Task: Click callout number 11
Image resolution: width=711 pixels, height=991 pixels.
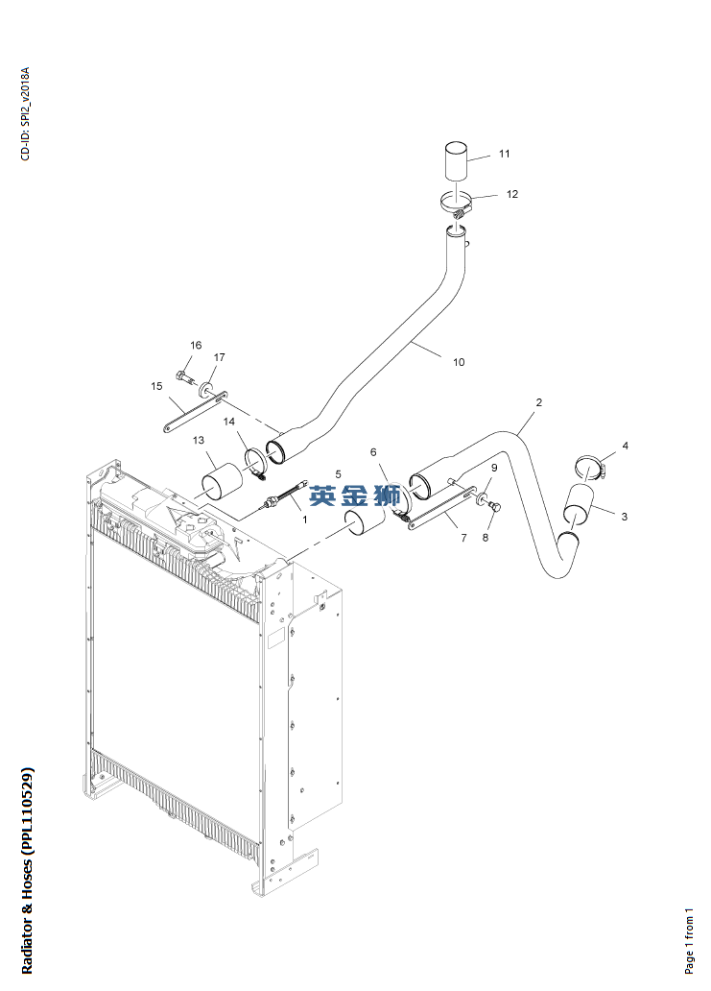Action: point(504,154)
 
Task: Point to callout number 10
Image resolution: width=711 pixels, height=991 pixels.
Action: point(459,362)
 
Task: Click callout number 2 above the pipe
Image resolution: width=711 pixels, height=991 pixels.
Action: point(538,402)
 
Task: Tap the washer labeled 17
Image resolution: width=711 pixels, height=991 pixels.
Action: point(206,388)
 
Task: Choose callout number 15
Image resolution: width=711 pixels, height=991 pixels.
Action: point(156,386)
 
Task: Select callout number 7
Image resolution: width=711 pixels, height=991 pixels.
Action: point(464,538)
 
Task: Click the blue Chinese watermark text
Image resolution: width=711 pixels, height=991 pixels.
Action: point(354,495)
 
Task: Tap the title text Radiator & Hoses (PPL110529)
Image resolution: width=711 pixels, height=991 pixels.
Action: point(27,870)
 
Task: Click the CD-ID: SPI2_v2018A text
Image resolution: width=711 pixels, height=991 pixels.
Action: point(25,113)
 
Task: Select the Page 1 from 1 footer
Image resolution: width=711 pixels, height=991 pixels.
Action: point(689,940)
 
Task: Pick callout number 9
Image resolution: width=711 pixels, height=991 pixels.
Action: point(494,468)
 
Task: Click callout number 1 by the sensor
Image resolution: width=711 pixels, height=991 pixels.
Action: point(305,520)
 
